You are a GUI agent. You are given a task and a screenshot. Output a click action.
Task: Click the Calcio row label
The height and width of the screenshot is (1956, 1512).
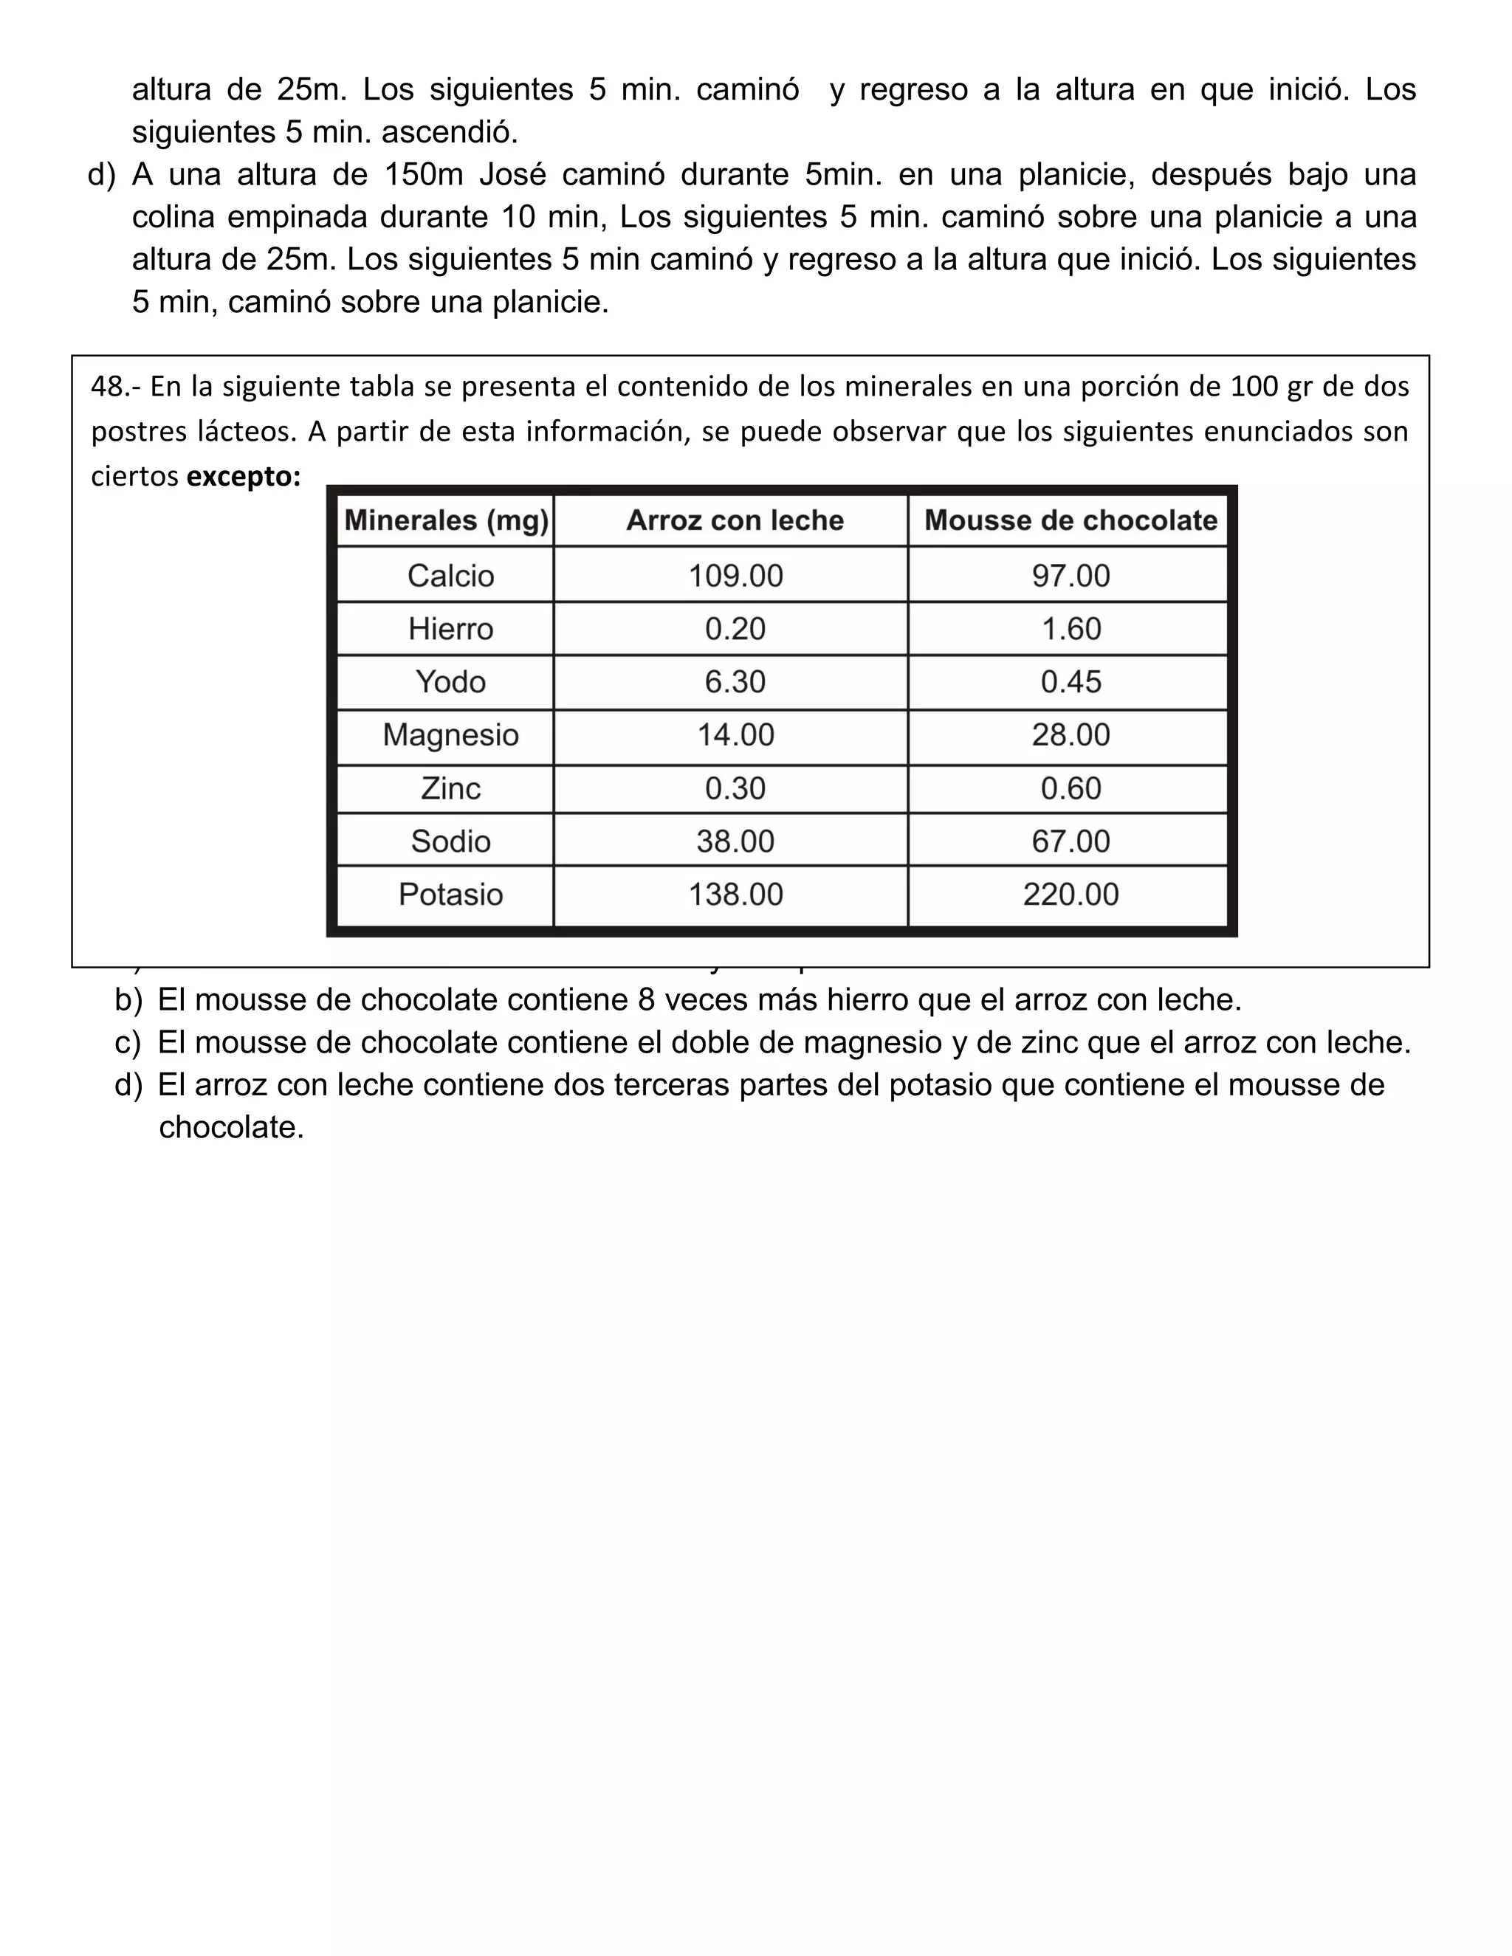[450, 575]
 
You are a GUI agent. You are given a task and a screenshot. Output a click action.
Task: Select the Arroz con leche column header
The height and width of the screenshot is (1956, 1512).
[735, 520]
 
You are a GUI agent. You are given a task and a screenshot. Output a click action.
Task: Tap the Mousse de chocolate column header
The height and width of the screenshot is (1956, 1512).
[1071, 520]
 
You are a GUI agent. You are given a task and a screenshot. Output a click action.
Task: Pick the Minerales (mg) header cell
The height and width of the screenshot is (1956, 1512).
[446, 520]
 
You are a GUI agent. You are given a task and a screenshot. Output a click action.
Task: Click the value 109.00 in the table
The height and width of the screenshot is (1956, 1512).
[735, 575]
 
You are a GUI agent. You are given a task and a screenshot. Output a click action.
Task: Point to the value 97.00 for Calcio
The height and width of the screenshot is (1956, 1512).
[1071, 575]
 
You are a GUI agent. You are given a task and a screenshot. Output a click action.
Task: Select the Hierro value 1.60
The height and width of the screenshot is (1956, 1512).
[1071, 629]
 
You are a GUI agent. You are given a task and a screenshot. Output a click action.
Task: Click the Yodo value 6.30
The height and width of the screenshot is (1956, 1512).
[735, 681]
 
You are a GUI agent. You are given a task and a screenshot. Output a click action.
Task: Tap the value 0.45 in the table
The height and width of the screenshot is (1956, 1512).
[1071, 681]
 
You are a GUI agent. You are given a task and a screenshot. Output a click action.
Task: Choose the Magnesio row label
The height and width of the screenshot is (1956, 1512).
[450, 734]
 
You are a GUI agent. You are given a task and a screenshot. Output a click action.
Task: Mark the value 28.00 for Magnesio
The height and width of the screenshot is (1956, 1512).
[1071, 734]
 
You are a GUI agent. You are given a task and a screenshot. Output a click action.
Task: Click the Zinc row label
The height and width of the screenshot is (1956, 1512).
[450, 788]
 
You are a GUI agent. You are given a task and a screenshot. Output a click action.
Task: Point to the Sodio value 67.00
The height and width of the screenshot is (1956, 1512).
[1071, 841]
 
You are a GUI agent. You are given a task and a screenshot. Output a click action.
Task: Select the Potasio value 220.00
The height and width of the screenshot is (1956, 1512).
[1071, 894]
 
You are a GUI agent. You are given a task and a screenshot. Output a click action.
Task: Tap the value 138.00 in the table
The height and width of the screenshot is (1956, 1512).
[735, 894]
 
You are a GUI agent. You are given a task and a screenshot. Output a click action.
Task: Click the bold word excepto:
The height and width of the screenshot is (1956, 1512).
[244, 477]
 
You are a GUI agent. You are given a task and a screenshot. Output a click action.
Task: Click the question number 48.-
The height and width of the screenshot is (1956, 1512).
[116, 387]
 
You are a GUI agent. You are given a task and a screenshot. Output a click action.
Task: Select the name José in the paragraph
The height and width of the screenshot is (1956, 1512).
[512, 173]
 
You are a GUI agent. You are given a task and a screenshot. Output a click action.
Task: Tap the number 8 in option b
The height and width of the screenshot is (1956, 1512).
[647, 999]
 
